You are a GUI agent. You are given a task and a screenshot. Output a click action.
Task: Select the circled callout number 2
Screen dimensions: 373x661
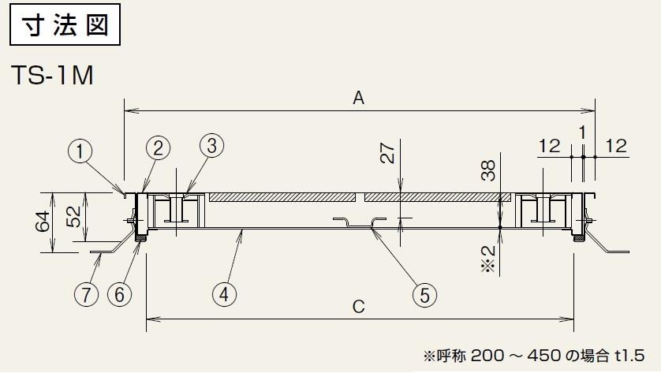coord(158,147)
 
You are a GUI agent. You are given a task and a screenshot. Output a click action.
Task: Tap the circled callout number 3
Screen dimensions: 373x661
coord(211,145)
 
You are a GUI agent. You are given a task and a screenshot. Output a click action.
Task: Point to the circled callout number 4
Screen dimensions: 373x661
coord(225,294)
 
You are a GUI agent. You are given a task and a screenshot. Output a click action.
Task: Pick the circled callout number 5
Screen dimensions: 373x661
coord(424,295)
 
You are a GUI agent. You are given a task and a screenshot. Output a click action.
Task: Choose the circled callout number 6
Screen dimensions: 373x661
coord(119,294)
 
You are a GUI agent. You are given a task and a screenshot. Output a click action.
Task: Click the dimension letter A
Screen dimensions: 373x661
coord(358,98)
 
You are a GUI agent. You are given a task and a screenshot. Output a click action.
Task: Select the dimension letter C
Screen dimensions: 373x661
coord(358,307)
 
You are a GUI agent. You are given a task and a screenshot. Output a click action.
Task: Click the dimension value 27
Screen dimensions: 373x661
coord(387,153)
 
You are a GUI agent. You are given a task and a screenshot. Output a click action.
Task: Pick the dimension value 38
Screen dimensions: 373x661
coord(488,170)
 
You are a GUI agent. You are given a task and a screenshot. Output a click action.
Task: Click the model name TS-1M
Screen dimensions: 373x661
coord(53,76)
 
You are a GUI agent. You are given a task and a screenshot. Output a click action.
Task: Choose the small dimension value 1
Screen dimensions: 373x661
coord(581,132)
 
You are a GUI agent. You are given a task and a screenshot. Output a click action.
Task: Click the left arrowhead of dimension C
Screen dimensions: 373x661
coord(149,319)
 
